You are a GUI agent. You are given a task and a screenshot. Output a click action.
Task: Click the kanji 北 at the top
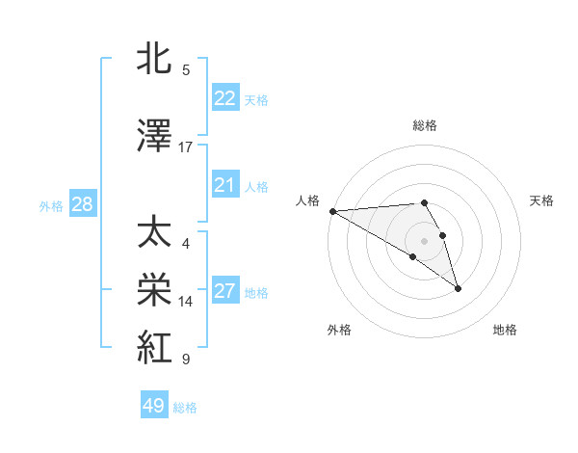[x=157, y=59]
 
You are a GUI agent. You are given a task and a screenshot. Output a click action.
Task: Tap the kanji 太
[x=157, y=234]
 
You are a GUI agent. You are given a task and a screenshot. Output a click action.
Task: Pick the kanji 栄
[x=157, y=291]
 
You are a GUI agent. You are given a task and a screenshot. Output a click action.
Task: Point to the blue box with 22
[x=224, y=98]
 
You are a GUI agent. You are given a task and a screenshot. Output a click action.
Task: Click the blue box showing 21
[x=224, y=185]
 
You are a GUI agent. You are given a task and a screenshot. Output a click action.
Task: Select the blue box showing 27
[x=224, y=291]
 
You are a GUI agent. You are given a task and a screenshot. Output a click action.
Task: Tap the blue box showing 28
[x=82, y=204]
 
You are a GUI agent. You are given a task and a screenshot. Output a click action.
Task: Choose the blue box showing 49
[x=154, y=406]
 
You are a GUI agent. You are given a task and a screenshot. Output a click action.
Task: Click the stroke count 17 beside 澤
[x=186, y=147]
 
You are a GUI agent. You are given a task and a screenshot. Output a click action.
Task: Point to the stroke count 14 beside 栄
[x=186, y=302]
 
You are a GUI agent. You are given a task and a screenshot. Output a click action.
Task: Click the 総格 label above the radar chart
[x=424, y=125]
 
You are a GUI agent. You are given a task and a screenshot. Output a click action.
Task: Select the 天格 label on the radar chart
[x=542, y=200]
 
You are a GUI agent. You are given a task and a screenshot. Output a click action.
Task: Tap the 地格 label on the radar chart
[x=505, y=330]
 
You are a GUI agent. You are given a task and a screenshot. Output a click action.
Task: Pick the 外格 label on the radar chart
[x=339, y=330]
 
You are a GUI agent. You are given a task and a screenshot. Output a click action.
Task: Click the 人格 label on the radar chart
[x=307, y=200]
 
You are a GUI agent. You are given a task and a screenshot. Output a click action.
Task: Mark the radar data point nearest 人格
[x=332, y=211]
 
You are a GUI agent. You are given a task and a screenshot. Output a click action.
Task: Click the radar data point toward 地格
[x=458, y=288]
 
